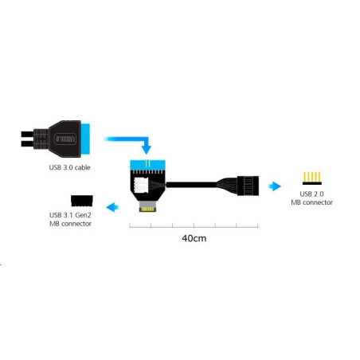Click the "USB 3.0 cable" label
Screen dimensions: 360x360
pos(69,167)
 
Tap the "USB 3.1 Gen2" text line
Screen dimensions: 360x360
pos(70,215)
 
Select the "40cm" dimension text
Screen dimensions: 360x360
pos(194,238)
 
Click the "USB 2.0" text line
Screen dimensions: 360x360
pos(311,194)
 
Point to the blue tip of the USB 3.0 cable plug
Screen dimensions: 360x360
pos(85,139)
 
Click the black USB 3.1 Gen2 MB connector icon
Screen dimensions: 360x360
pos(82,201)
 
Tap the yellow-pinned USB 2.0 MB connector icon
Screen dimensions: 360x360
pos(312,178)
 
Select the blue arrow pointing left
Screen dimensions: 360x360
pos(112,207)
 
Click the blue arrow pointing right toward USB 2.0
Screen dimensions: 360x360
pos(275,186)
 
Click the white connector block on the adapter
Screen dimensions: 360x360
pos(140,186)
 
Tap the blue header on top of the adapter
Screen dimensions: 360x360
pos(147,165)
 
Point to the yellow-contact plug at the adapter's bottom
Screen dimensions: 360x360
pos(147,206)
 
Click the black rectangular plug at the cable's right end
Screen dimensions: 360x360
pos(248,186)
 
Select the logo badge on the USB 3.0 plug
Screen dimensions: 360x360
pos(65,139)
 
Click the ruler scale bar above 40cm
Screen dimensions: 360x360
pos(194,225)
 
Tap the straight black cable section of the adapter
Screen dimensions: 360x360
pos(191,185)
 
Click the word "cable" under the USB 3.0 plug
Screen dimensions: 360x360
pos(82,167)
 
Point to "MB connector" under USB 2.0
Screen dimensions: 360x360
pos(311,202)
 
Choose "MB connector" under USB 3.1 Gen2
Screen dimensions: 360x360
pos(70,224)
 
